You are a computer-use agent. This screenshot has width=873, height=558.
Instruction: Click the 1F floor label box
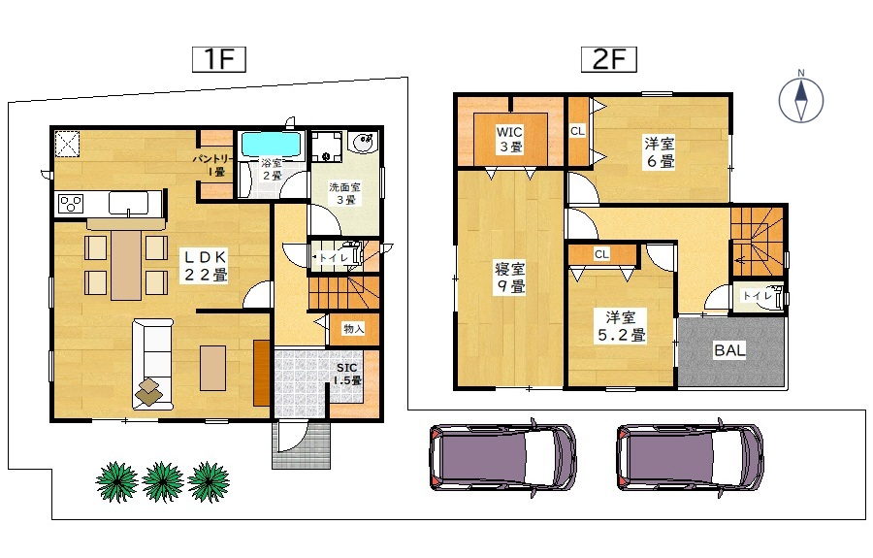point(219,59)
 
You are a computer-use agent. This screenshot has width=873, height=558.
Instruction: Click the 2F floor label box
point(608,59)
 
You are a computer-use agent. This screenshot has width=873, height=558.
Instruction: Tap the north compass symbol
point(800,100)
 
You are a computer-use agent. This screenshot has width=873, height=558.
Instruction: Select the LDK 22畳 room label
point(206,266)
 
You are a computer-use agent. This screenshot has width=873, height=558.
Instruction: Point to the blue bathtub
point(272,145)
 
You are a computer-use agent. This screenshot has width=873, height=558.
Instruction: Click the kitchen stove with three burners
point(71,203)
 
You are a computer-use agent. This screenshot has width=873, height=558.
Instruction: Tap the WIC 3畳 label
point(509,139)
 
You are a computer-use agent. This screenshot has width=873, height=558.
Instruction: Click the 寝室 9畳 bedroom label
point(510,278)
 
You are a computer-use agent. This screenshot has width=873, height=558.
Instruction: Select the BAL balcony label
point(729,350)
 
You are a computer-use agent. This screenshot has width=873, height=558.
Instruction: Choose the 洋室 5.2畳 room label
point(622,326)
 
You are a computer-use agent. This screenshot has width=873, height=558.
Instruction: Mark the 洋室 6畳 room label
point(660,152)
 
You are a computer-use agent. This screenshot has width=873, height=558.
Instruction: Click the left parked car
point(502,458)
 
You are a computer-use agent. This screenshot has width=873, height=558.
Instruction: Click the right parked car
point(691,458)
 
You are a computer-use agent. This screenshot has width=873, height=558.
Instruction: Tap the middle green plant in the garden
point(163,481)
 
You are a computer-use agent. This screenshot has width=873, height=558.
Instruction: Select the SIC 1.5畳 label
point(347,375)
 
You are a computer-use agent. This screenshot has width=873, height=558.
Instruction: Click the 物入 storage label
point(353,329)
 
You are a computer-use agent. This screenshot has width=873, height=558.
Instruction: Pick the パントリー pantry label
point(213,165)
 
